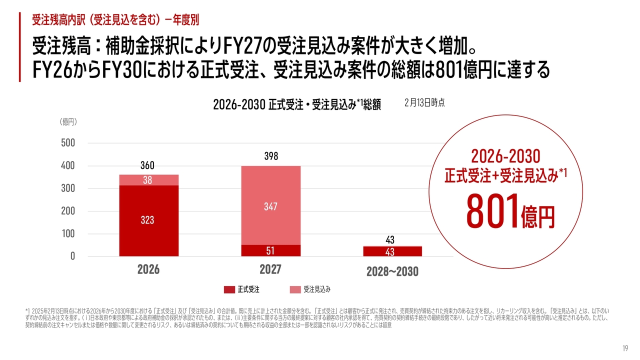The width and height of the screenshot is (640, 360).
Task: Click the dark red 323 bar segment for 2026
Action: click(x=148, y=220)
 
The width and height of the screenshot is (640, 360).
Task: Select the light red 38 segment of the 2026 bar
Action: click(x=148, y=180)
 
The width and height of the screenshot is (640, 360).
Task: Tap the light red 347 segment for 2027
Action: click(x=270, y=205)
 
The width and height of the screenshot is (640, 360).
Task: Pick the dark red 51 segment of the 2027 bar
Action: click(x=270, y=250)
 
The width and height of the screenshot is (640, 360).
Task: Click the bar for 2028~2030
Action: click(x=392, y=251)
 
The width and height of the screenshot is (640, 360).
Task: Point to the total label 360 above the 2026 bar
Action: click(x=147, y=165)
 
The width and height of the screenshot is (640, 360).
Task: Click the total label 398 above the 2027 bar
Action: click(x=270, y=156)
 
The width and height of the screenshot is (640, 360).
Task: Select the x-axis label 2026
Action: click(x=148, y=270)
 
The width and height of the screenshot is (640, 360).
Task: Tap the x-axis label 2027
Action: click(x=270, y=269)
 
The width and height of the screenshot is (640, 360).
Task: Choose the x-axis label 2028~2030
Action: click(x=392, y=272)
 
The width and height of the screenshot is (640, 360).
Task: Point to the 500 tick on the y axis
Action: click(x=67, y=143)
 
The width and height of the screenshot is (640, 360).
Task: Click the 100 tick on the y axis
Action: click(x=67, y=233)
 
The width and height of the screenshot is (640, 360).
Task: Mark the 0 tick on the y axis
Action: click(x=72, y=256)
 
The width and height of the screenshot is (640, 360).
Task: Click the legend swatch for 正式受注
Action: click(x=229, y=289)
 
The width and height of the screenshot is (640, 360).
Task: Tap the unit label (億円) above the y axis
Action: click(x=68, y=122)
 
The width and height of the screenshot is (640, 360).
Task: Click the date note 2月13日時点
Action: click(x=424, y=102)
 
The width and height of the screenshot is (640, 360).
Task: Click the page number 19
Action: click(x=625, y=348)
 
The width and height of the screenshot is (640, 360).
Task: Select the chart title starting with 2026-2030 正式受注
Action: click(x=297, y=104)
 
